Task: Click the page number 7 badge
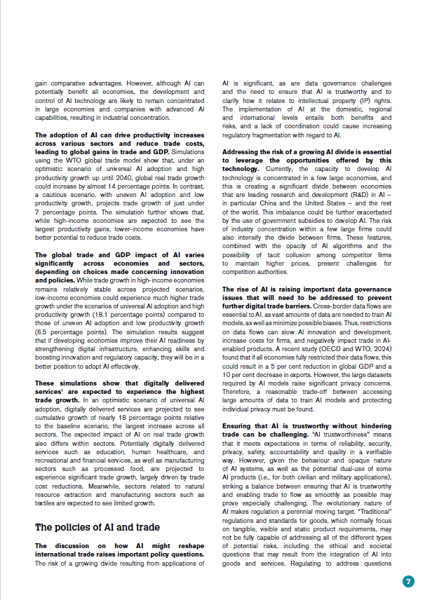pos(408,581)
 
